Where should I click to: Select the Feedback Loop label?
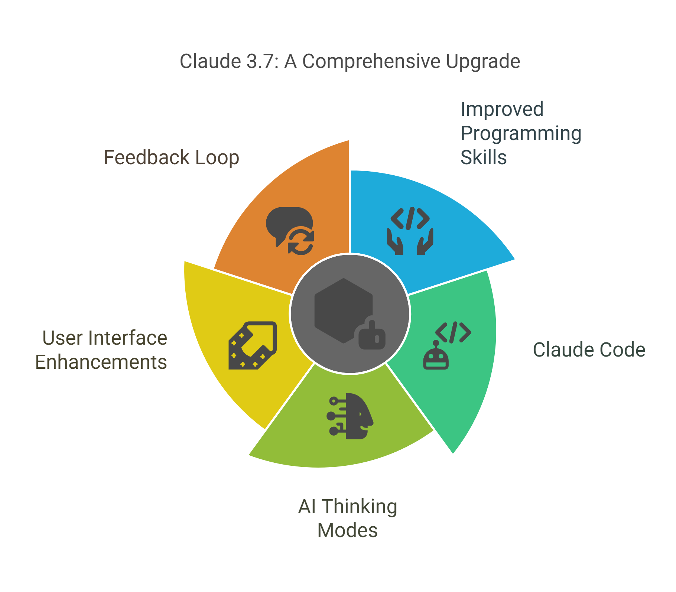coord(171,157)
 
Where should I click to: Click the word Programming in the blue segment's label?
coord(521,134)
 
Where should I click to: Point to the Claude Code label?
coord(589,350)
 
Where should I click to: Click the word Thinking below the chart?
coord(359,507)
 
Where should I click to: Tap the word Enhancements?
coord(101,362)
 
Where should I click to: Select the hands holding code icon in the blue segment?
coord(410,231)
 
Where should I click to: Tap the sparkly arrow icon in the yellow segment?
coord(253,345)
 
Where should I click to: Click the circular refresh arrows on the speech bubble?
coord(301,242)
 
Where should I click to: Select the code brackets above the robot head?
coord(453,332)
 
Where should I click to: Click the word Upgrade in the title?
coord(483,62)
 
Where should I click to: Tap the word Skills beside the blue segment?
coord(484,157)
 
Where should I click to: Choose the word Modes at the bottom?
coord(347,530)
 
